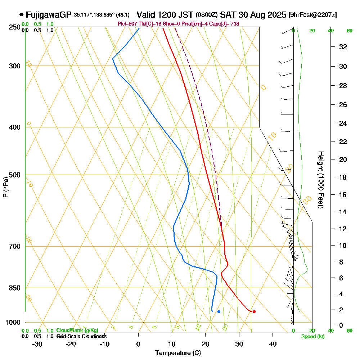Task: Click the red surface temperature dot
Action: click(x=254, y=311)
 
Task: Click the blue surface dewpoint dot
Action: click(x=219, y=311)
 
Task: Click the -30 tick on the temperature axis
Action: click(x=37, y=344)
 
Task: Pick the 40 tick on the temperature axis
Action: click(x=273, y=344)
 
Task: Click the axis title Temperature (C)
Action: click(x=178, y=353)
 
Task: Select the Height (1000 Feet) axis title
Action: click(x=320, y=179)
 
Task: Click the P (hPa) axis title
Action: click(x=5, y=187)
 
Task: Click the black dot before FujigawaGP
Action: click(x=22, y=15)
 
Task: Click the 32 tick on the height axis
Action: click(x=343, y=47)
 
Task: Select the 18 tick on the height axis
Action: click(x=343, y=177)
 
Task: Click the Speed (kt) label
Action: click(x=312, y=337)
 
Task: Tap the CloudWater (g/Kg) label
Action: click(x=77, y=330)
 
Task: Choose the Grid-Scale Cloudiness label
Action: click(x=81, y=336)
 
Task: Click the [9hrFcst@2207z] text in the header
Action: click(x=313, y=15)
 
